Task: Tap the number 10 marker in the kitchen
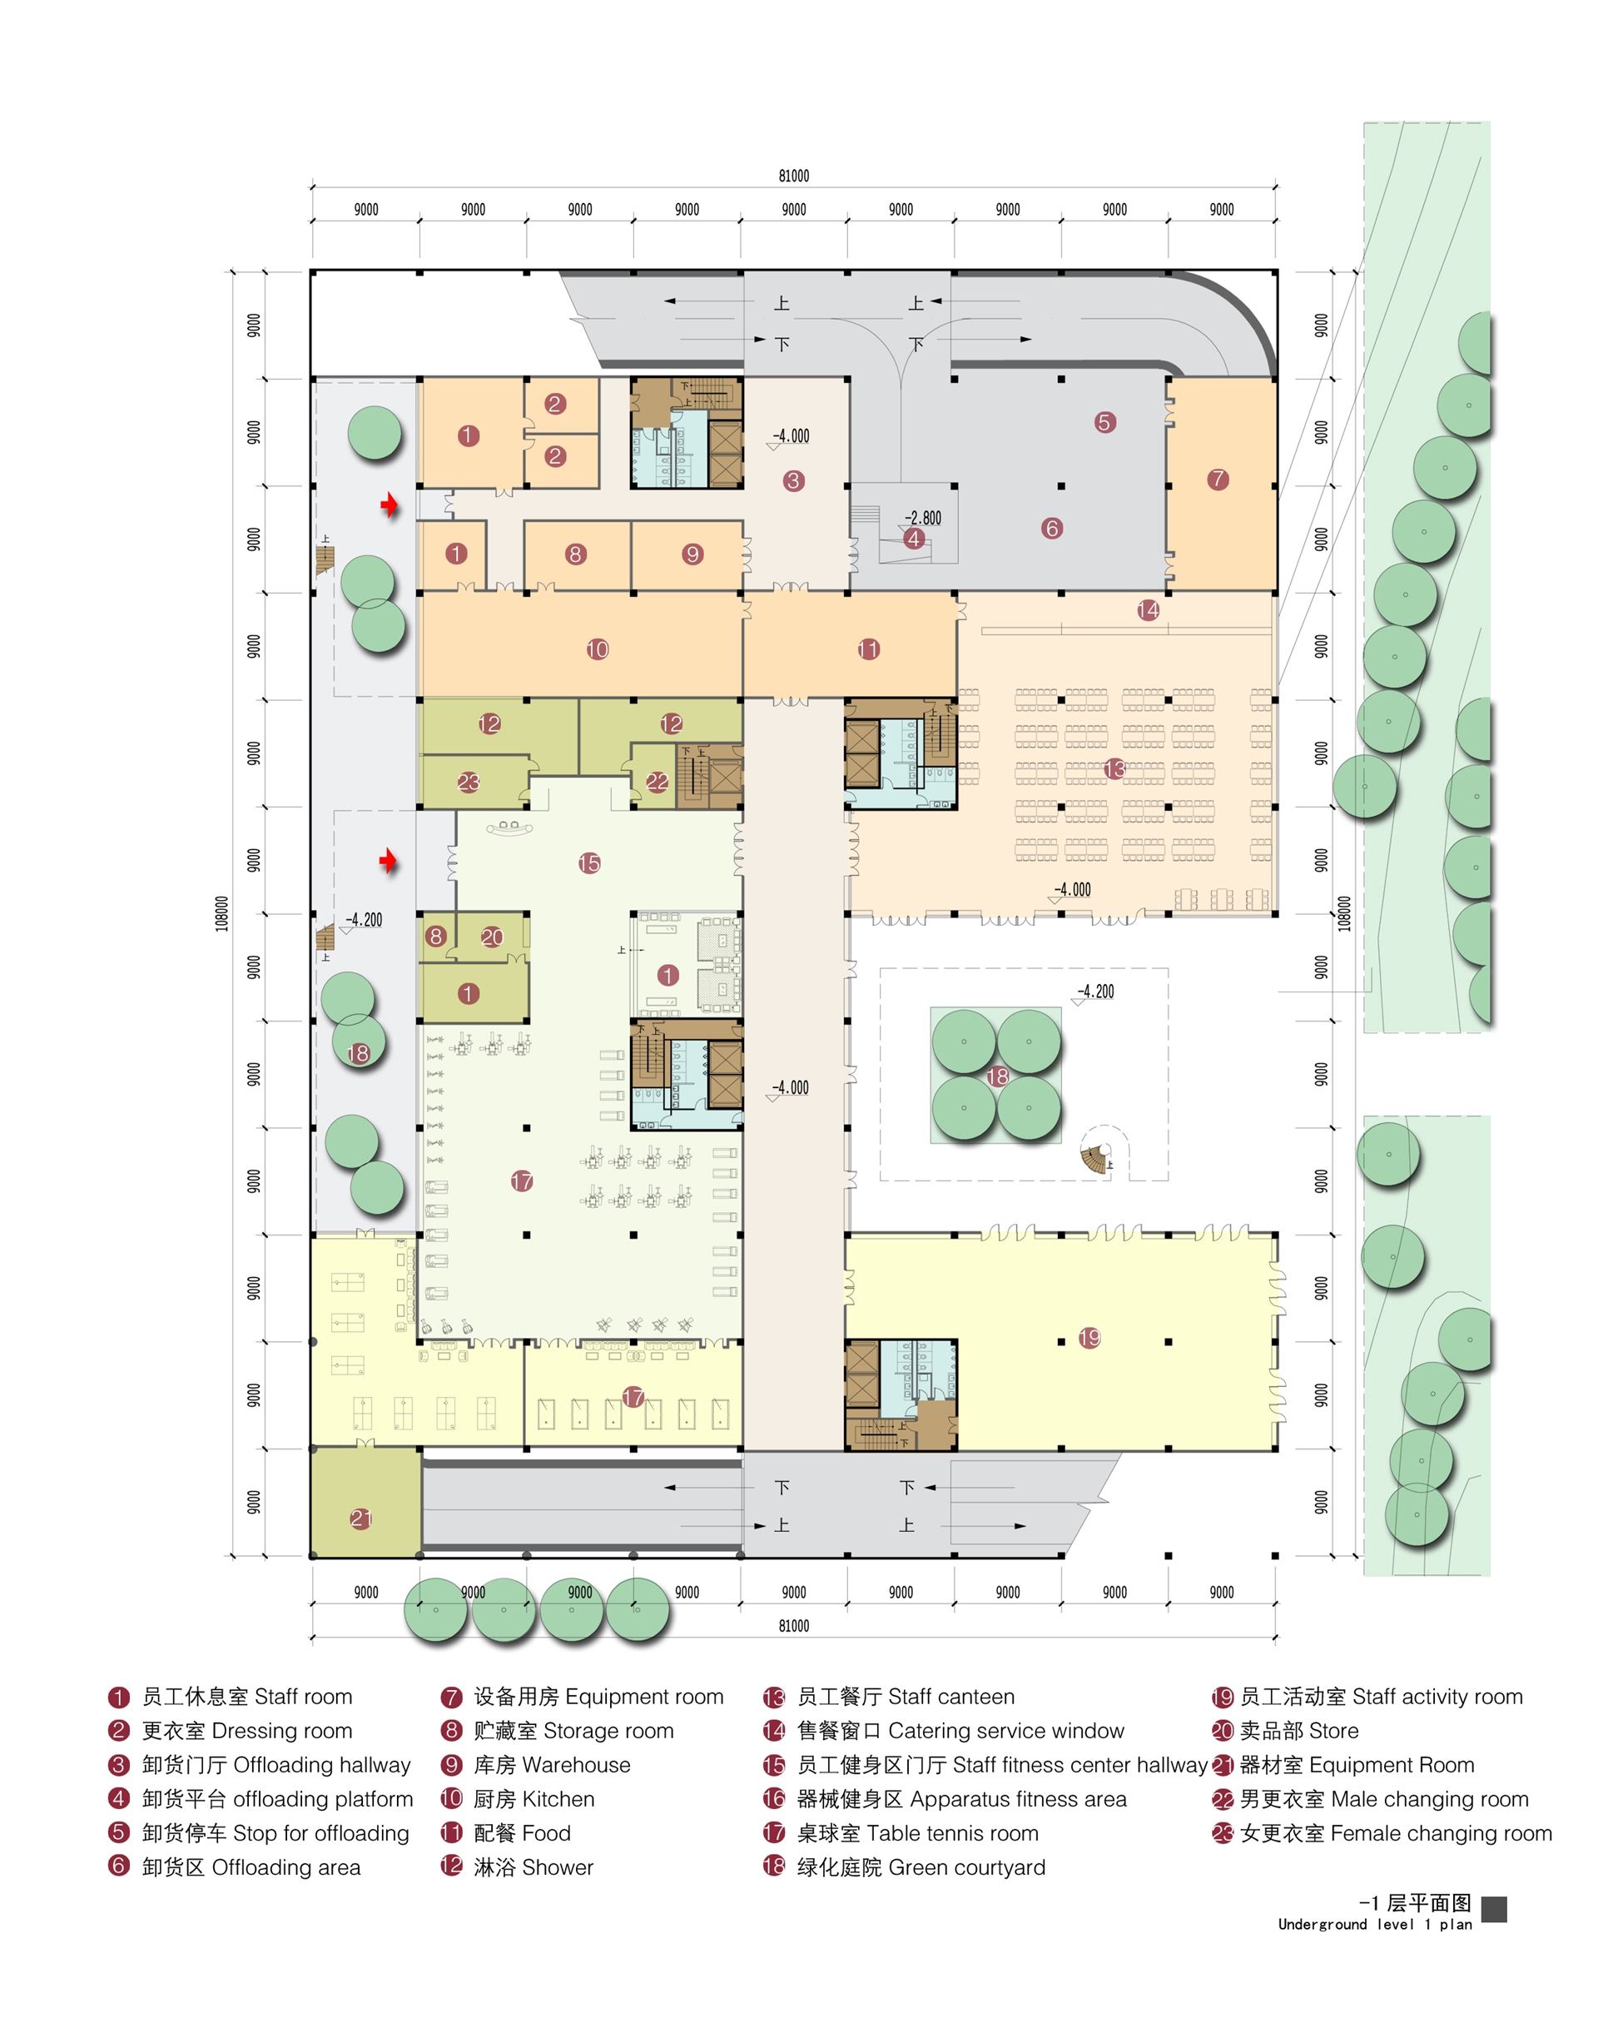[598, 649]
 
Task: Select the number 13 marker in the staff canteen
[1114, 769]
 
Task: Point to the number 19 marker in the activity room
[1089, 1338]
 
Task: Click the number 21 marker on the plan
[361, 1519]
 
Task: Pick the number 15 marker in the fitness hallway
[589, 863]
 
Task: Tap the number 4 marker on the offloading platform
[913, 539]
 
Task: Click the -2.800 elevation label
[922, 518]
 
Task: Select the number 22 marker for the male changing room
[657, 783]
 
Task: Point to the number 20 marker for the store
[492, 937]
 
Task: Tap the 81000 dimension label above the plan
[793, 176]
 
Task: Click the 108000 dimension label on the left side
[221, 913]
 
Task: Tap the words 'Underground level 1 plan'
[1375, 1925]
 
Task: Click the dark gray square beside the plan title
[1494, 1909]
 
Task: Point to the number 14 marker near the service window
[1148, 611]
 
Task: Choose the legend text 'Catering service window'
[1005, 1731]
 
